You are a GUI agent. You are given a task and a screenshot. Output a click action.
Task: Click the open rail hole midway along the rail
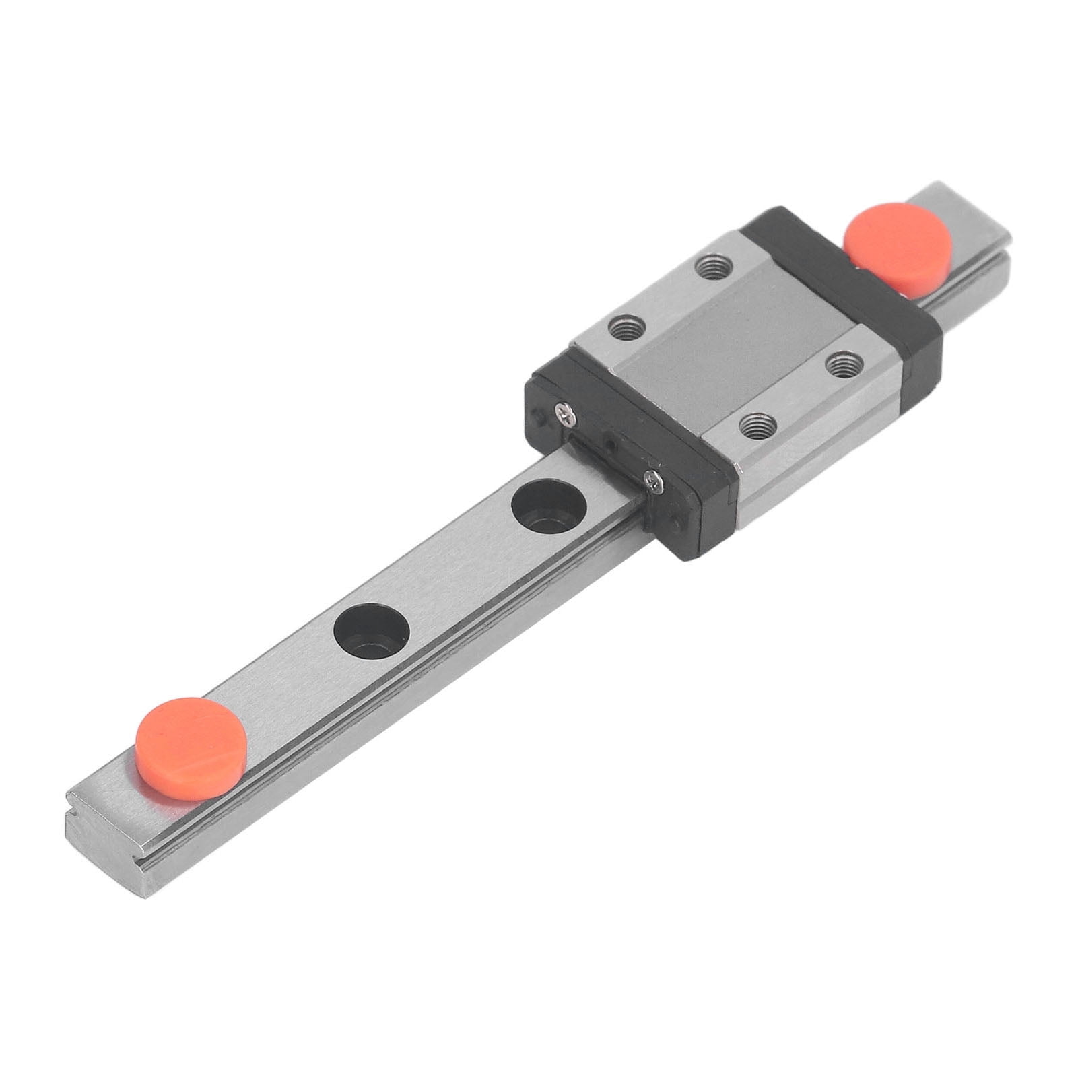coord(372,631)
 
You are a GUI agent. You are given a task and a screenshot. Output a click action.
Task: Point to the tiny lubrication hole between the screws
coord(610,445)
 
